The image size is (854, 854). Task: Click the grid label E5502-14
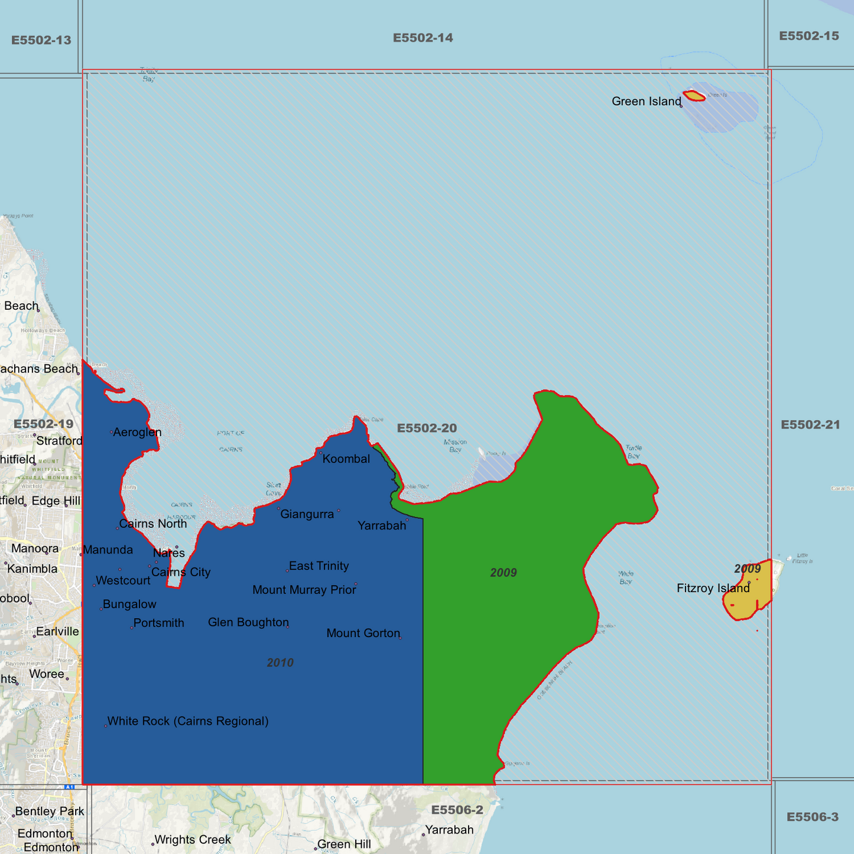[x=423, y=38]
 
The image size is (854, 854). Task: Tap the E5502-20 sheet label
[x=427, y=428]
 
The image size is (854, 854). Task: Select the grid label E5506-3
[x=812, y=817]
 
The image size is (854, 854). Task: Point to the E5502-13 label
[x=41, y=40]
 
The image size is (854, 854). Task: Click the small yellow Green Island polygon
[x=693, y=96]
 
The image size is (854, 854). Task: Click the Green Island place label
[x=646, y=102]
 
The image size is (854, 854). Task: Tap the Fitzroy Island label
[x=713, y=589]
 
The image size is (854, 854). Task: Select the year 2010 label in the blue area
[x=280, y=663]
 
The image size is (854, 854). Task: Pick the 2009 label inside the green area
[x=504, y=572]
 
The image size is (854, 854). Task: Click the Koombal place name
[x=346, y=459]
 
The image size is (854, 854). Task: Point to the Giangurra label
[x=307, y=514]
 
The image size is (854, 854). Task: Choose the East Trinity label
[x=319, y=566]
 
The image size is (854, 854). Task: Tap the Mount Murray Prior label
[x=304, y=590]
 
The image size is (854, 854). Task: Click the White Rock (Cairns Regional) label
[x=188, y=721]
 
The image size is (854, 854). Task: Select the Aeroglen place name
[x=137, y=433]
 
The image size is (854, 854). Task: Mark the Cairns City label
[x=181, y=572]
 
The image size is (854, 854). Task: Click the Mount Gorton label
[x=363, y=634]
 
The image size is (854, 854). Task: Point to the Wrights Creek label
[x=192, y=840]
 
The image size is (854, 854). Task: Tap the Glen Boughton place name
[x=248, y=622]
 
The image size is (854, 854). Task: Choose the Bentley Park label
[x=50, y=811]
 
